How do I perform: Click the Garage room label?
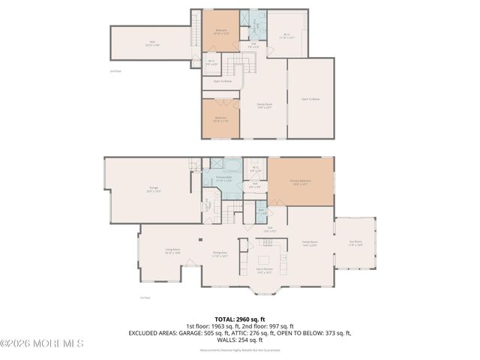pyautogui.click(x=154, y=191)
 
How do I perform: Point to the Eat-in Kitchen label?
pyautogui.click(x=265, y=272)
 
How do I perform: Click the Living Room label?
pyautogui.click(x=172, y=252)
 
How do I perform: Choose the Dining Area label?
pyautogui.click(x=219, y=255)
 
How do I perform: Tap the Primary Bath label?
pyautogui.click(x=224, y=180)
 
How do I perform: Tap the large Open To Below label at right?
pyautogui.click(x=310, y=99)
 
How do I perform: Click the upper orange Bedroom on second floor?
pyautogui.click(x=221, y=31)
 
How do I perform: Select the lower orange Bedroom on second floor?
pyautogui.click(x=220, y=119)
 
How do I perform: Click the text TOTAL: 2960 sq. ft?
pyautogui.click(x=240, y=319)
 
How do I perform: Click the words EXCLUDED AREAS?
pyautogui.click(x=154, y=332)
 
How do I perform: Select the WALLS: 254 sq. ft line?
pyautogui.click(x=240, y=339)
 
